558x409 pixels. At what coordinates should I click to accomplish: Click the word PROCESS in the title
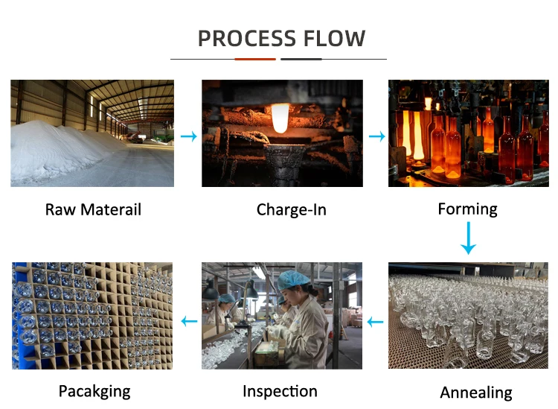(x=246, y=38)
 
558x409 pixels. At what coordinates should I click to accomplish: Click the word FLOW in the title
(x=335, y=38)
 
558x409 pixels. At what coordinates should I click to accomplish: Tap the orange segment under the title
(x=254, y=59)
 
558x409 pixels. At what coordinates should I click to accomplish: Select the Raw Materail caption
(x=93, y=209)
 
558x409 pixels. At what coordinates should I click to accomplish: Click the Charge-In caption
(x=291, y=209)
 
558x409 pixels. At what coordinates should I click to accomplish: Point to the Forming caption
(x=467, y=209)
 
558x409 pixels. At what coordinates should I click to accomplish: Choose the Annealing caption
(x=476, y=393)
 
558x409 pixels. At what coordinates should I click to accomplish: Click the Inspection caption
(x=280, y=391)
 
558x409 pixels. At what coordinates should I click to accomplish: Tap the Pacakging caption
(x=94, y=391)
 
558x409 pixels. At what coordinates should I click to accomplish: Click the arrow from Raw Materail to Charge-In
(x=189, y=136)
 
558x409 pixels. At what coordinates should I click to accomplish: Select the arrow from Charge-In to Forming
(x=377, y=136)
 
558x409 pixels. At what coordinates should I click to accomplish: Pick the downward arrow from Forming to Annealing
(x=468, y=238)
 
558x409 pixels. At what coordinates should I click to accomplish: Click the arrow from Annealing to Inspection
(x=376, y=322)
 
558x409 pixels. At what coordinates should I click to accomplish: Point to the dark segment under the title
(x=301, y=59)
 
